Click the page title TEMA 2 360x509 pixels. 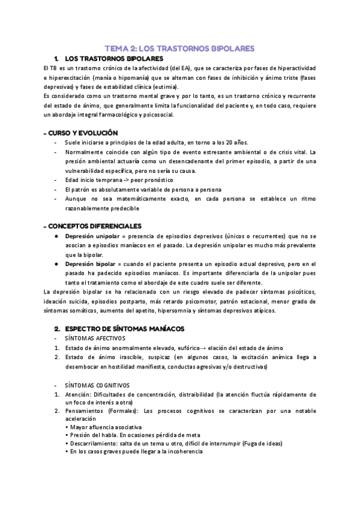180,48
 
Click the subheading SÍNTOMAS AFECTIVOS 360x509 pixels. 95,339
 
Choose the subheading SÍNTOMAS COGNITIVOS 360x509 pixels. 97,384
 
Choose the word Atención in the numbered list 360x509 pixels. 77,394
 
